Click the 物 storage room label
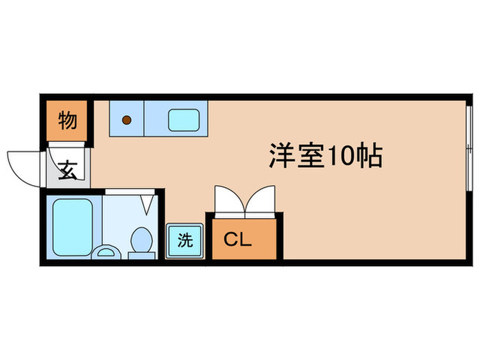(67, 121)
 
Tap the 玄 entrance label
(68, 169)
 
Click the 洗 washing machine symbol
(185, 240)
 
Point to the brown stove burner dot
(126, 121)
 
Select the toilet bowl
(142, 240)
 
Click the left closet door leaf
(228, 200)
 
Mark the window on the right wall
(468, 148)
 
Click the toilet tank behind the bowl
(142, 255)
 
